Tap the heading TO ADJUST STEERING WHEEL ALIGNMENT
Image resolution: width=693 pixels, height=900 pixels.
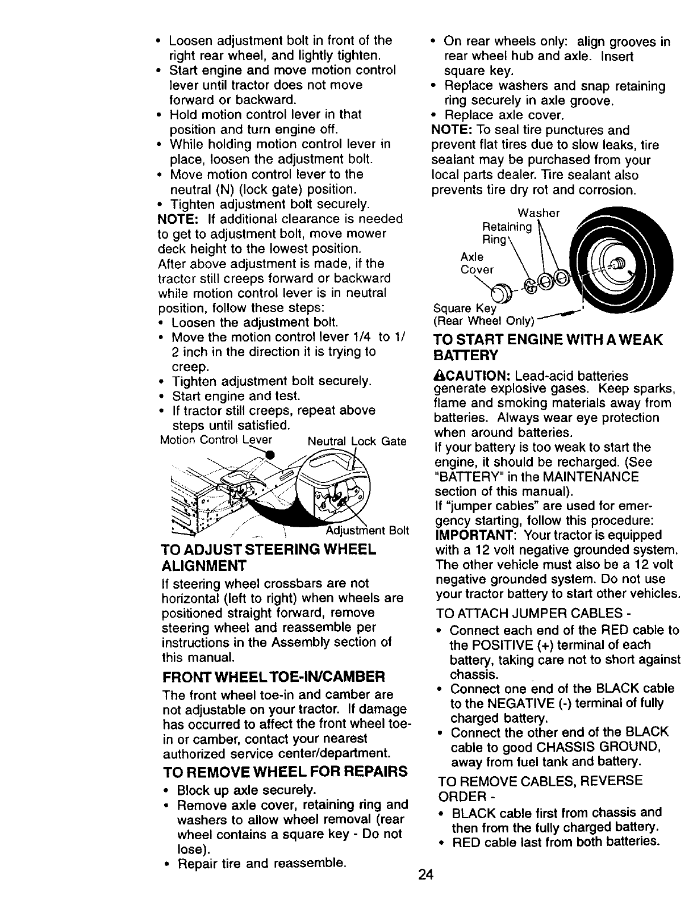tap(268, 557)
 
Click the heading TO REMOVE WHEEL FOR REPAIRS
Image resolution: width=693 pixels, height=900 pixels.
tap(285, 772)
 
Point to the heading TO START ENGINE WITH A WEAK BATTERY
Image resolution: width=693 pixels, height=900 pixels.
tap(548, 347)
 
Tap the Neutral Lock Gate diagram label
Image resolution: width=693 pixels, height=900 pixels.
tap(357, 441)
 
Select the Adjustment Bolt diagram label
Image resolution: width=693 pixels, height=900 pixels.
tap(367, 531)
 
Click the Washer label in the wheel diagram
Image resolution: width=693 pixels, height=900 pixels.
tap(541, 213)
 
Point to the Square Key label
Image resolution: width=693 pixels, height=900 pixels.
tap(465, 309)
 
